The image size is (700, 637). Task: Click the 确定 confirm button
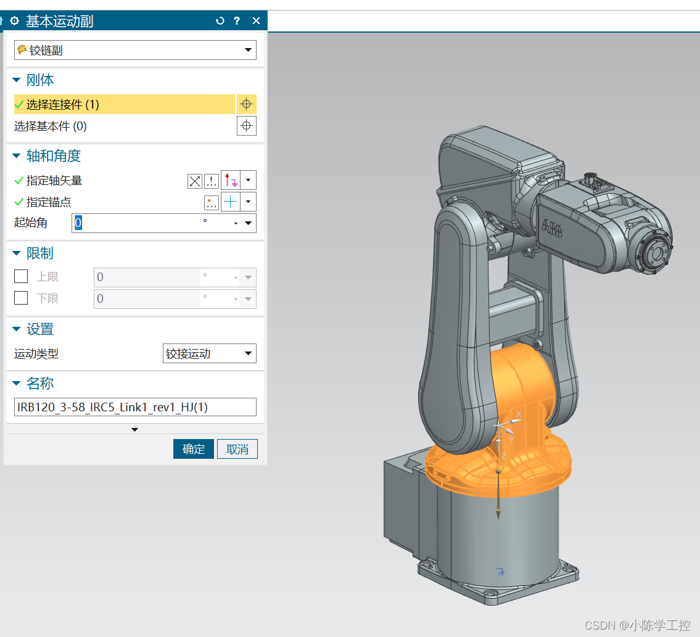193,449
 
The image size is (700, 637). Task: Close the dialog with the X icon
256,20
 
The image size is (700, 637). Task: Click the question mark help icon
237,20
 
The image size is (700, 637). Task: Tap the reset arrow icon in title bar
220,20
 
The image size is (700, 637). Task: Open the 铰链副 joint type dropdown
135,50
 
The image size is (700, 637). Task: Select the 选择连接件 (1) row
125,104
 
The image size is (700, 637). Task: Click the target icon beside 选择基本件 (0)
247,126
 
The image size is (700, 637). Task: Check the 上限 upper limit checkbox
21,276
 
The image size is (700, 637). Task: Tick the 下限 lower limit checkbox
21,298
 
